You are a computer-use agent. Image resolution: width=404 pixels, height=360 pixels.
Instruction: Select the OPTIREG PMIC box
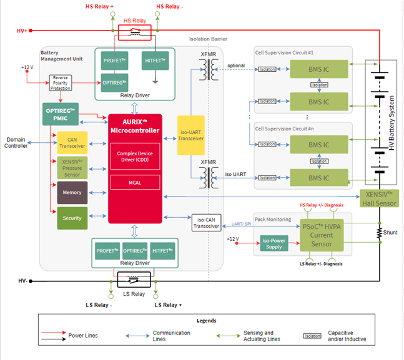point(61,113)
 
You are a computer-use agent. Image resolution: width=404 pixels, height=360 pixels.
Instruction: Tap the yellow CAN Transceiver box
point(72,144)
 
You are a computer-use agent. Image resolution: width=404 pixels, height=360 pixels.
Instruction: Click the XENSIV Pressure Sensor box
point(72,168)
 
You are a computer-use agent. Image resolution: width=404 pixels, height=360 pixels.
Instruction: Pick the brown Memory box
point(72,193)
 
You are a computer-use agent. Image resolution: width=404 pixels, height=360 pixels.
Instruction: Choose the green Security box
point(72,218)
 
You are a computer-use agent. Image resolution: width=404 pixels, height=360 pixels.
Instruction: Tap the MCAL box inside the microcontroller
point(135,182)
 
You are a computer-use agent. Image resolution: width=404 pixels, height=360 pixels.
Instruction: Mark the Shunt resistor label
point(390,232)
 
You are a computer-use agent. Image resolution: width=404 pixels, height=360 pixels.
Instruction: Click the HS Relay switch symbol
point(135,31)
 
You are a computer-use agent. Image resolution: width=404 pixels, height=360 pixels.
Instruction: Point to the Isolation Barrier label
point(208,39)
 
